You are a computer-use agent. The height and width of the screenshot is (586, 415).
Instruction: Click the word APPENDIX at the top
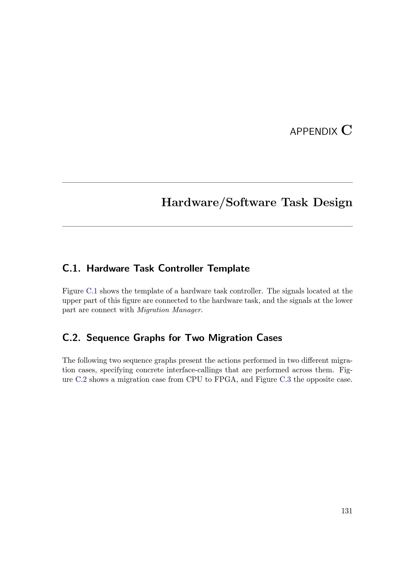[314, 132]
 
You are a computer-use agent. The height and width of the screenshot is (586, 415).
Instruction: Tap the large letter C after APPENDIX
[347, 130]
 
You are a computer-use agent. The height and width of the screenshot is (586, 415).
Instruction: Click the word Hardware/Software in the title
[219, 202]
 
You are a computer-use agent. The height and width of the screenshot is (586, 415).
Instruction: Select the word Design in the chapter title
[333, 202]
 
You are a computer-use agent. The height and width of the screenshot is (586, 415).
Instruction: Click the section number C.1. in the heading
[72, 269]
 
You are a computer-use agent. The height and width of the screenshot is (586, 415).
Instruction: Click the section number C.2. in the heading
[72, 338]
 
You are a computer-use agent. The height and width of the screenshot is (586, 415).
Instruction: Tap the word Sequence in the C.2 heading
[108, 338]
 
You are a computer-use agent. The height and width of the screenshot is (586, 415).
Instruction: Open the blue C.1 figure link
[92, 291]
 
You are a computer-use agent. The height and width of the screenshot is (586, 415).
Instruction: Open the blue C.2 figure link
[81, 380]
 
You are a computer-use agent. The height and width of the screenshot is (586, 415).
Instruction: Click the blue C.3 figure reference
[285, 380]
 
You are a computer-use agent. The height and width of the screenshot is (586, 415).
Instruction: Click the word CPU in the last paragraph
[194, 380]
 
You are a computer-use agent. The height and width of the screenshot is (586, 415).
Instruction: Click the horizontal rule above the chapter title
[207, 182]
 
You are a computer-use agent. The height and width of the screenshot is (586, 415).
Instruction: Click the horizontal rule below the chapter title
[207, 226]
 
